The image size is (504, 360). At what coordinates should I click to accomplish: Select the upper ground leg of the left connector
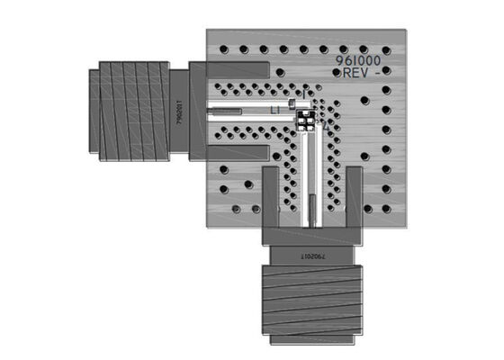tap(238, 69)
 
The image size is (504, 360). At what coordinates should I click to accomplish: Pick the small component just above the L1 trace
tap(293, 104)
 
